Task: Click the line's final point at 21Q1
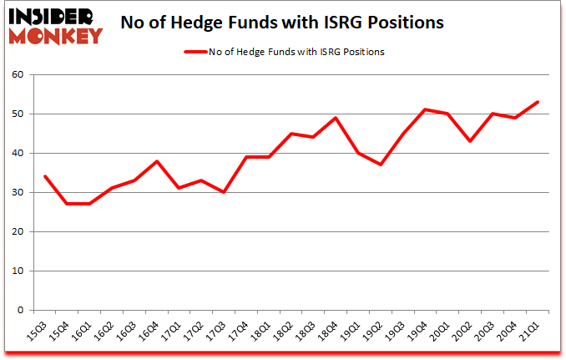(x=538, y=102)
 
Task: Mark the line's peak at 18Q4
(x=334, y=118)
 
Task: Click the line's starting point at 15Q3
(x=44, y=176)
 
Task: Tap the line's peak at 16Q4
(x=158, y=161)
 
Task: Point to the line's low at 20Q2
(x=470, y=141)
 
